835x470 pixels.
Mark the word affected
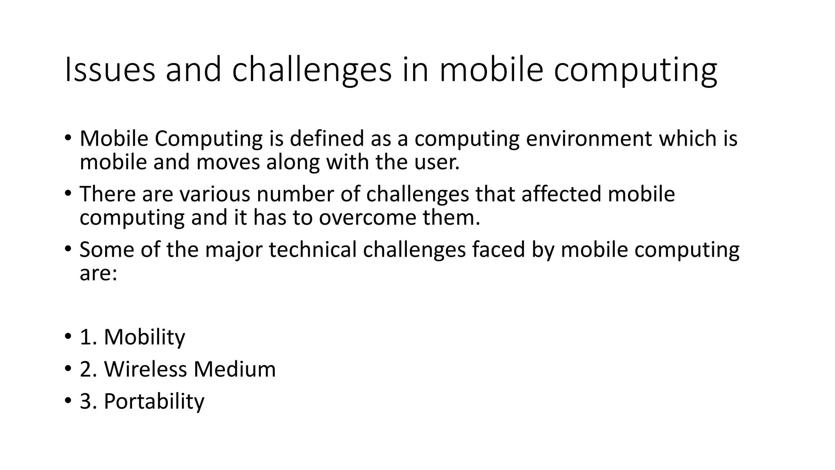(561, 194)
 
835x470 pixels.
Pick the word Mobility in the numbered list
(144, 337)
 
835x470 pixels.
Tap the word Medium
(234, 369)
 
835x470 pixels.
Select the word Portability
(154, 401)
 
